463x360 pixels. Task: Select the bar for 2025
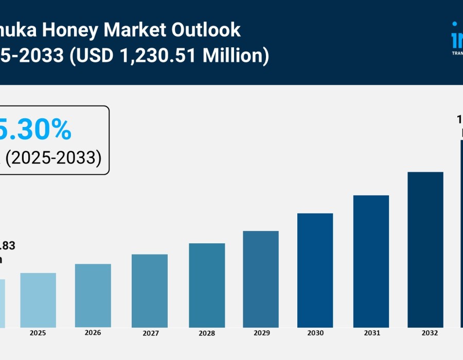click(x=38, y=300)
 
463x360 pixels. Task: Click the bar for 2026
click(x=93, y=296)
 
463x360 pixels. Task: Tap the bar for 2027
click(x=150, y=291)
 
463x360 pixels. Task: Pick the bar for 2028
click(x=207, y=285)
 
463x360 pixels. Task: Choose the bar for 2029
click(x=261, y=279)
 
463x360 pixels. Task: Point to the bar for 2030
click(x=315, y=271)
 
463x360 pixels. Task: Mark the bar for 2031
click(x=371, y=261)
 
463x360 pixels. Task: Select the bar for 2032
click(x=425, y=250)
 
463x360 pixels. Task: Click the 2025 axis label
click(x=38, y=333)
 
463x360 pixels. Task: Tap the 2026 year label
click(x=93, y=333)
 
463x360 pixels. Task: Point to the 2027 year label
click(x=151, y=334)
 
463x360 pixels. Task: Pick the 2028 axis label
click(x=207, y=334)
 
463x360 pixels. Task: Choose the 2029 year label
click(x=262, y=333)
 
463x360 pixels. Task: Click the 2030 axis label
click(x=315, y=333)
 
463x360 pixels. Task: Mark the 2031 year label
click(x=372, y=333)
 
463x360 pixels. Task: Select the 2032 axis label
click(x=429, y=333)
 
